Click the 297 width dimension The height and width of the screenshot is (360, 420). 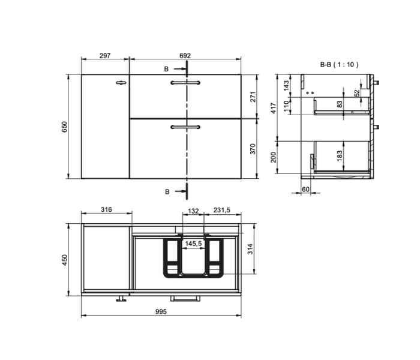105,55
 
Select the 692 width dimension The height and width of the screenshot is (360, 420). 185,55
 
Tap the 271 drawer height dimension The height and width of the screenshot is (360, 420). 253,97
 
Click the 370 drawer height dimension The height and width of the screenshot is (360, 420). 253,148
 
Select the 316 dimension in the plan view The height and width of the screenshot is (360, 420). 106,210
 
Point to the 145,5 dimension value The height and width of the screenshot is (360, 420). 193,244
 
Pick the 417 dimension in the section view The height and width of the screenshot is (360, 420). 274,107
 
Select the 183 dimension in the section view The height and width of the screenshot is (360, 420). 340,155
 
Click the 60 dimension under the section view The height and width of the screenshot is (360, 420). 305,189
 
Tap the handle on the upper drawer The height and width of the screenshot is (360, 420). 185,82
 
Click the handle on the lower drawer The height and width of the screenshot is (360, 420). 185,126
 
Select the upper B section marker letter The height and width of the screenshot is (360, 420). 167,70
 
